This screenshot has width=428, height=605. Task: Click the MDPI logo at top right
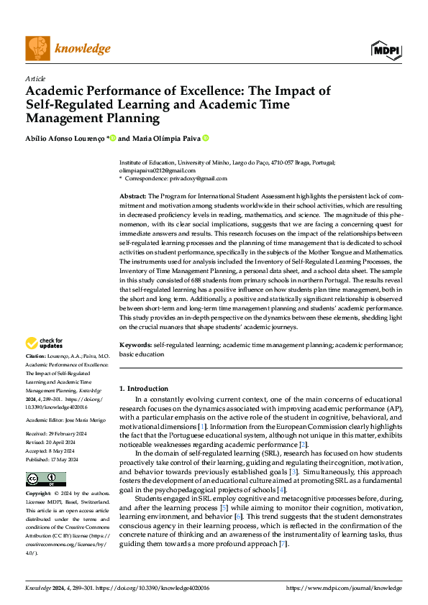click(x=387, y=49)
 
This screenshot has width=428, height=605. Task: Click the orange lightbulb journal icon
click(x=37, y=48)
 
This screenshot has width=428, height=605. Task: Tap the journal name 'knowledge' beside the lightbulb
click(x=83, y=49)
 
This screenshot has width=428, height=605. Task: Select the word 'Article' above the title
click(x=35, y=78)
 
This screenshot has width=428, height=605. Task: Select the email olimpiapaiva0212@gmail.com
click(x=153, y=171)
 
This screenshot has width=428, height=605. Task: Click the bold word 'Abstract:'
click(x=133, y=196)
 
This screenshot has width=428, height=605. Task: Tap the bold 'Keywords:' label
click(x=135, y=345)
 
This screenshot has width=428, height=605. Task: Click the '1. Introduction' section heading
click(x=144, y=389)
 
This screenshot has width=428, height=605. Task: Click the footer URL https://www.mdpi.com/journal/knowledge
click(x=344, y=588)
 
